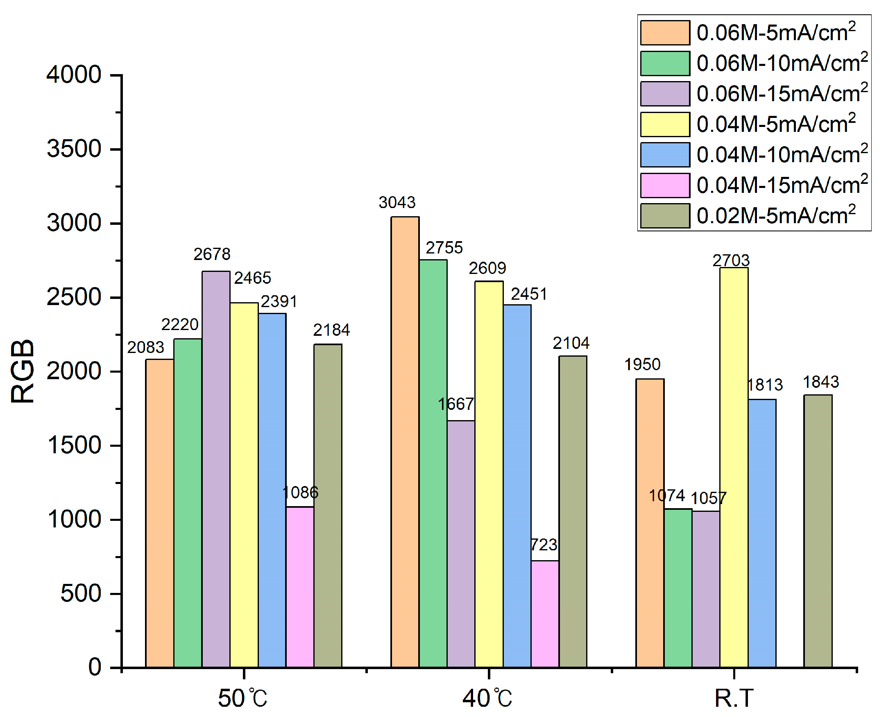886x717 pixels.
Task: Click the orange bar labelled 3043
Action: click(x=405, y=441)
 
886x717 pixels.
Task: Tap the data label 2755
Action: click(x=444, y=248)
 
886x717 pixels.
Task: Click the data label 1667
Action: click(x=455, y=404)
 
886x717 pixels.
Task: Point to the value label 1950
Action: click(x=642, y=364)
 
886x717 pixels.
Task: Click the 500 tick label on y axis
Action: click(x=81, y=594)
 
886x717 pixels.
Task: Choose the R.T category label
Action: click(x=734, y=699)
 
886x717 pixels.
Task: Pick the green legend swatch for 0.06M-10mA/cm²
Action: click(x=665, y=63)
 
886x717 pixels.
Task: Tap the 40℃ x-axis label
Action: click(x=487, y=699)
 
